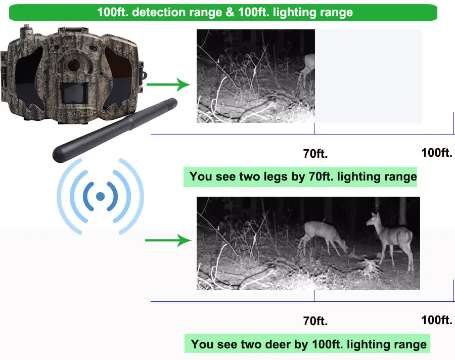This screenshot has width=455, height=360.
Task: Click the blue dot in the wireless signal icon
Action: click(x=100, y=196)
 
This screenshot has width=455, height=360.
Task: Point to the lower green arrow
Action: click(x=166, y=241)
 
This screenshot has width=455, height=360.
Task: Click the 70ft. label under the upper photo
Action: click(x=315, y=153)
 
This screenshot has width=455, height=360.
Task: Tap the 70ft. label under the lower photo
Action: click(x=315, y=321)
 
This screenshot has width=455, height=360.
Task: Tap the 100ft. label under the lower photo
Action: click(x=436, y=320)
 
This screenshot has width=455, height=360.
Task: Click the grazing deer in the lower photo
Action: click(x=323, y=235)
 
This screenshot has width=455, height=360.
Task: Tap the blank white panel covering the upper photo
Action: click(x=368, y=76)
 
